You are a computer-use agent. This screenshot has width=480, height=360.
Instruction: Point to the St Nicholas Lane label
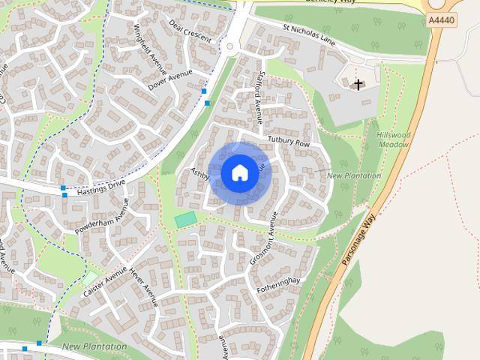click(x=308, y=34)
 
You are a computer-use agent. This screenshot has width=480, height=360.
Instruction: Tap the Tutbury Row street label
click(x=288, y=142)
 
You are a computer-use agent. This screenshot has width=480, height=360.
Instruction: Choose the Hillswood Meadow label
click(x=394, y=139)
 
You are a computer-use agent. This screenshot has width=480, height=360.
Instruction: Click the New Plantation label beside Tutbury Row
click(x=354, y=175)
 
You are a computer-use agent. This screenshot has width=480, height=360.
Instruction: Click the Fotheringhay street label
click(x=277, y=285)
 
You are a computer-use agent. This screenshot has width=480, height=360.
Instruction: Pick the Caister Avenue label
click(x=104, y=284)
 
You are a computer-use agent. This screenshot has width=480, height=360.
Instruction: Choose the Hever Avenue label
click(x=143, y=287)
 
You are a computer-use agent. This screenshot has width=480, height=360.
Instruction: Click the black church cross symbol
click(x=358, y=84)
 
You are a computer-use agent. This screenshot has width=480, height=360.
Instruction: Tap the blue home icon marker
click(x=239, y=172)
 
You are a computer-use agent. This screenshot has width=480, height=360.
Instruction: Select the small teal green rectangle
click(x=186, y=219)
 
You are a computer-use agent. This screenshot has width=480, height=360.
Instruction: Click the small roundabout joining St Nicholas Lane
click(x=231, y=48)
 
